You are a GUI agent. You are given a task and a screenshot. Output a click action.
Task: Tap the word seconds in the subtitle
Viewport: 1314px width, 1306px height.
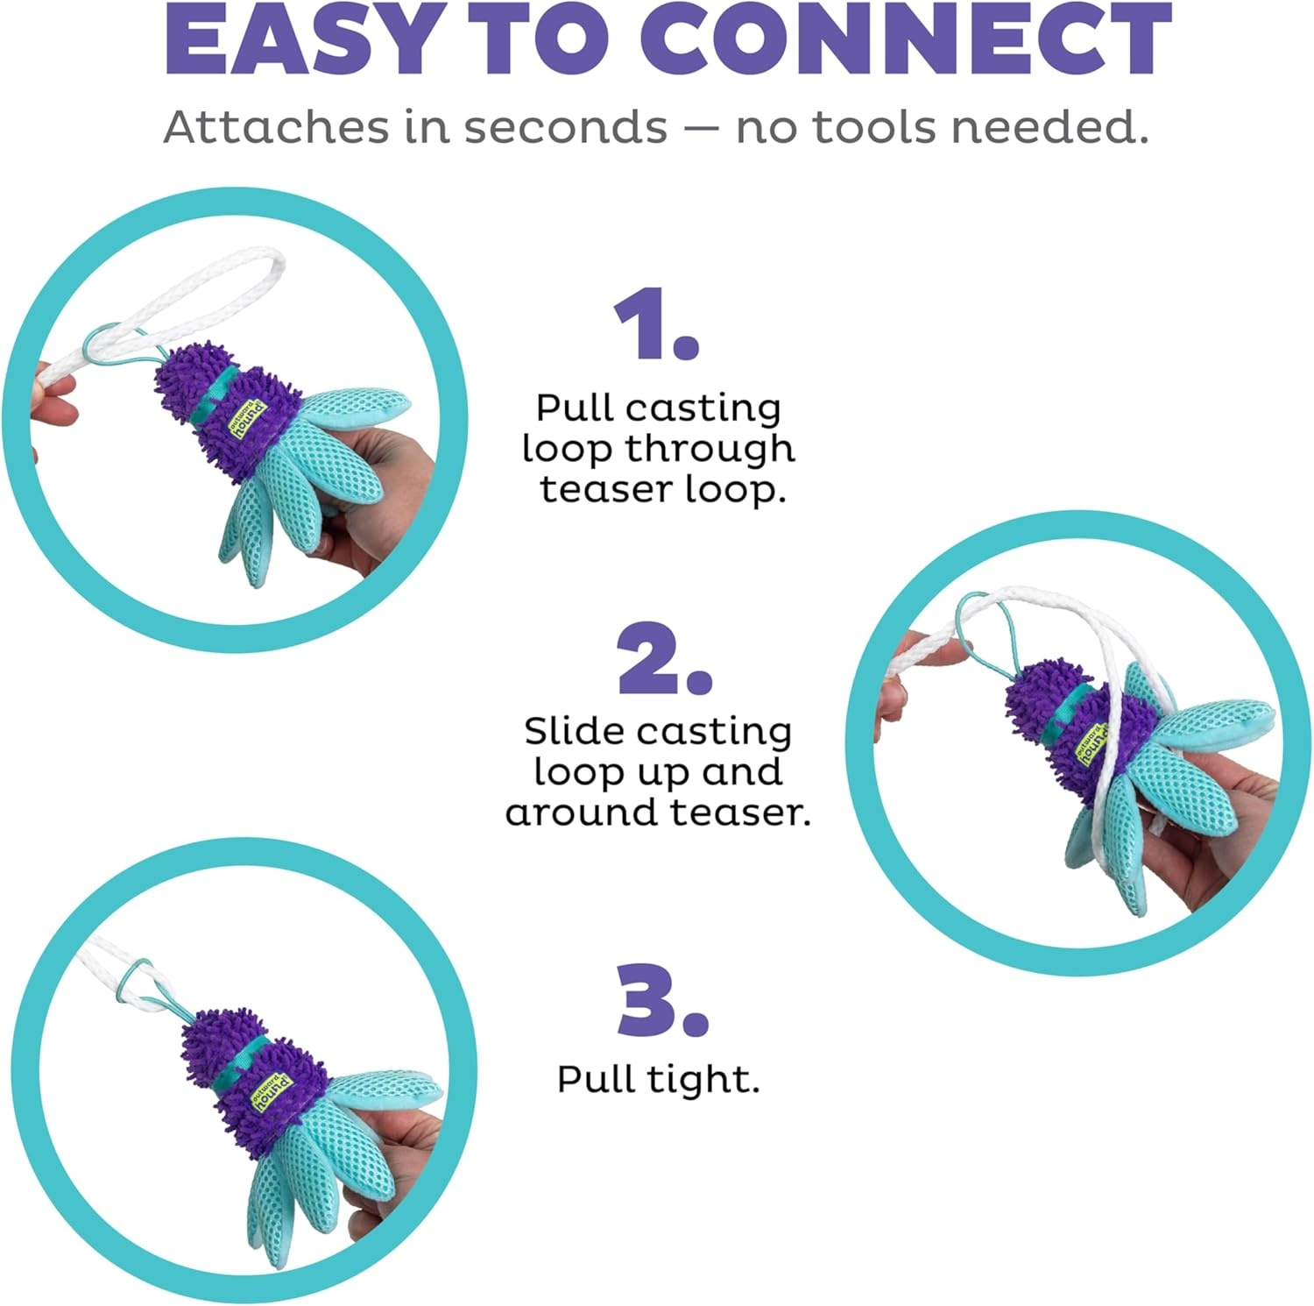tap(565, 127)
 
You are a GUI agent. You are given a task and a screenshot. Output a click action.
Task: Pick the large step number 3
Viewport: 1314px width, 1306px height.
tap(662, 1000)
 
